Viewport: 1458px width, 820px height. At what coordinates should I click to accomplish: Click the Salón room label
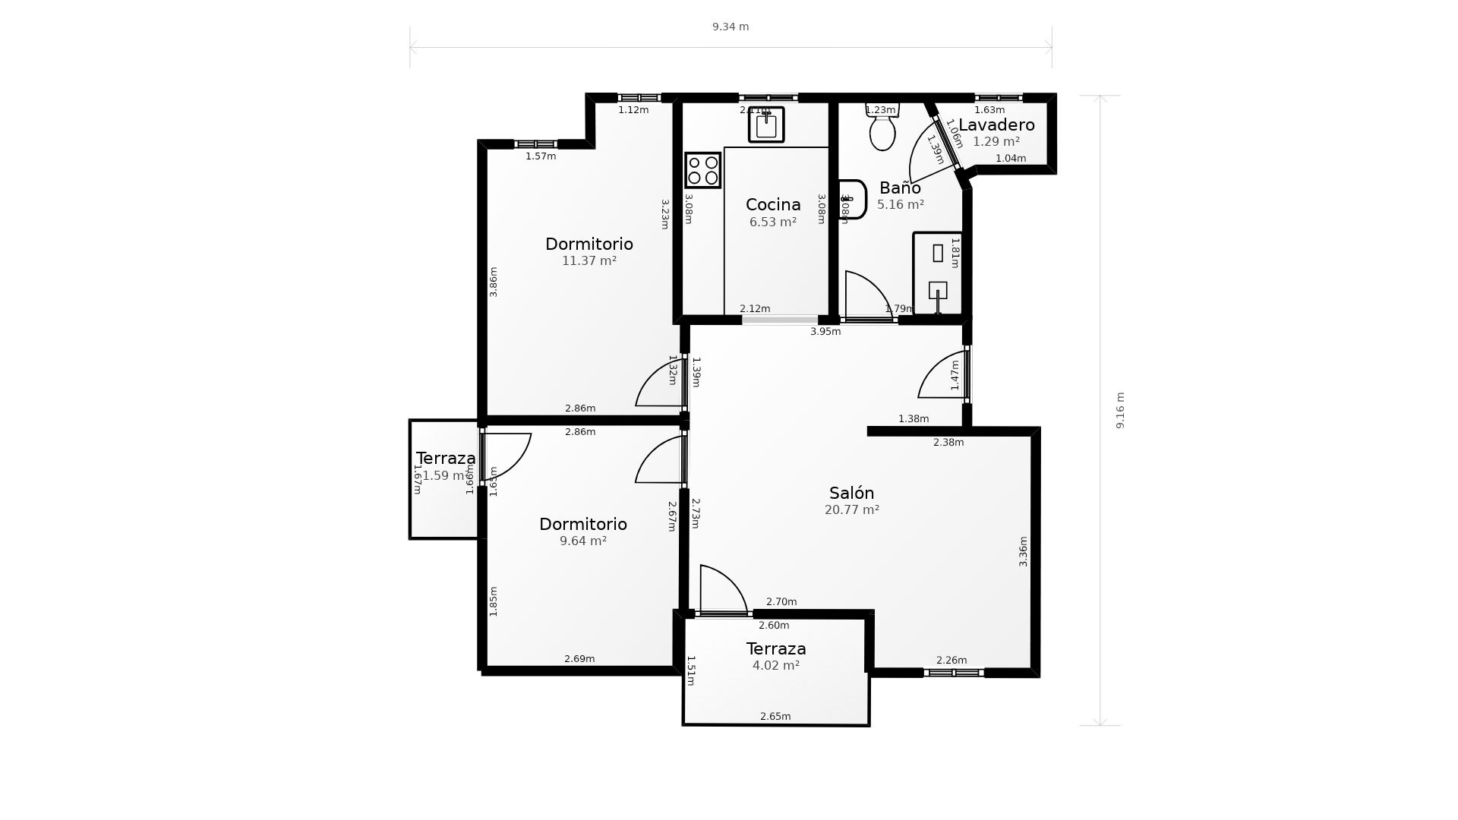[851, 494]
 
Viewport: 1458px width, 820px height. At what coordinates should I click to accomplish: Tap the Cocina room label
[773, 205]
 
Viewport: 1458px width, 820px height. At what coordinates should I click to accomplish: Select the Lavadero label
[996, 125]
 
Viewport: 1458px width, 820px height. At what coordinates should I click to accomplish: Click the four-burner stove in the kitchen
[702, 170]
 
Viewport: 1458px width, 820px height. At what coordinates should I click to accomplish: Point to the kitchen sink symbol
[766, 125]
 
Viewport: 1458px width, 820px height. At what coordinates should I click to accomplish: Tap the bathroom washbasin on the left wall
[852, 199]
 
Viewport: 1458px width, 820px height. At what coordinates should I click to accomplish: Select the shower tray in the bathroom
[938, 273]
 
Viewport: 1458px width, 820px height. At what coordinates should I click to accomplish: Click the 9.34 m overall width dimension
[731, 27]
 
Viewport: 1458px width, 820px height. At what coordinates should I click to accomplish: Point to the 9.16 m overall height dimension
[1120, 410]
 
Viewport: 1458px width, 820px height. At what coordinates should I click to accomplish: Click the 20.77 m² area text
[851, 510]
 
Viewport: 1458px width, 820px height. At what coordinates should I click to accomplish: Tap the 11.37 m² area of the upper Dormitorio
[589, 261]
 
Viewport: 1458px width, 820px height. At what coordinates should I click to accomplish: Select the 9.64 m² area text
[582, 541]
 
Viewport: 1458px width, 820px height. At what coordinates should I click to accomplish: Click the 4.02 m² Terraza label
[775, 666]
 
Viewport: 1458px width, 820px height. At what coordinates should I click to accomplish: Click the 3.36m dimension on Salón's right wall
[1023, 551]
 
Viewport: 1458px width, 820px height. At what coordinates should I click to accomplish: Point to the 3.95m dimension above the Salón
[825, 332]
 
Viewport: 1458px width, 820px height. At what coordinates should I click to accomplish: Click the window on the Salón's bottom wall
[954, 673]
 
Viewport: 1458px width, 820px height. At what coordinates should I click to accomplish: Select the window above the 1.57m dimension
[536, 144]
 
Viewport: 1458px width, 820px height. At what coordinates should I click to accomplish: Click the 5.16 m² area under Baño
[900, 205]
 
